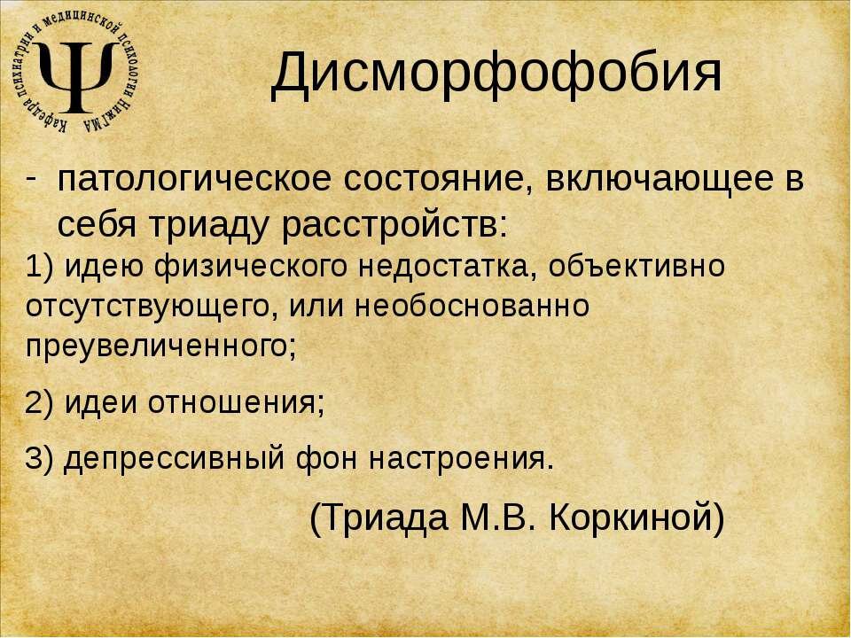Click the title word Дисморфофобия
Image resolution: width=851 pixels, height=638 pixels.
(496, 73)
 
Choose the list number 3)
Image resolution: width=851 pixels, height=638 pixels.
(41, 459)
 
